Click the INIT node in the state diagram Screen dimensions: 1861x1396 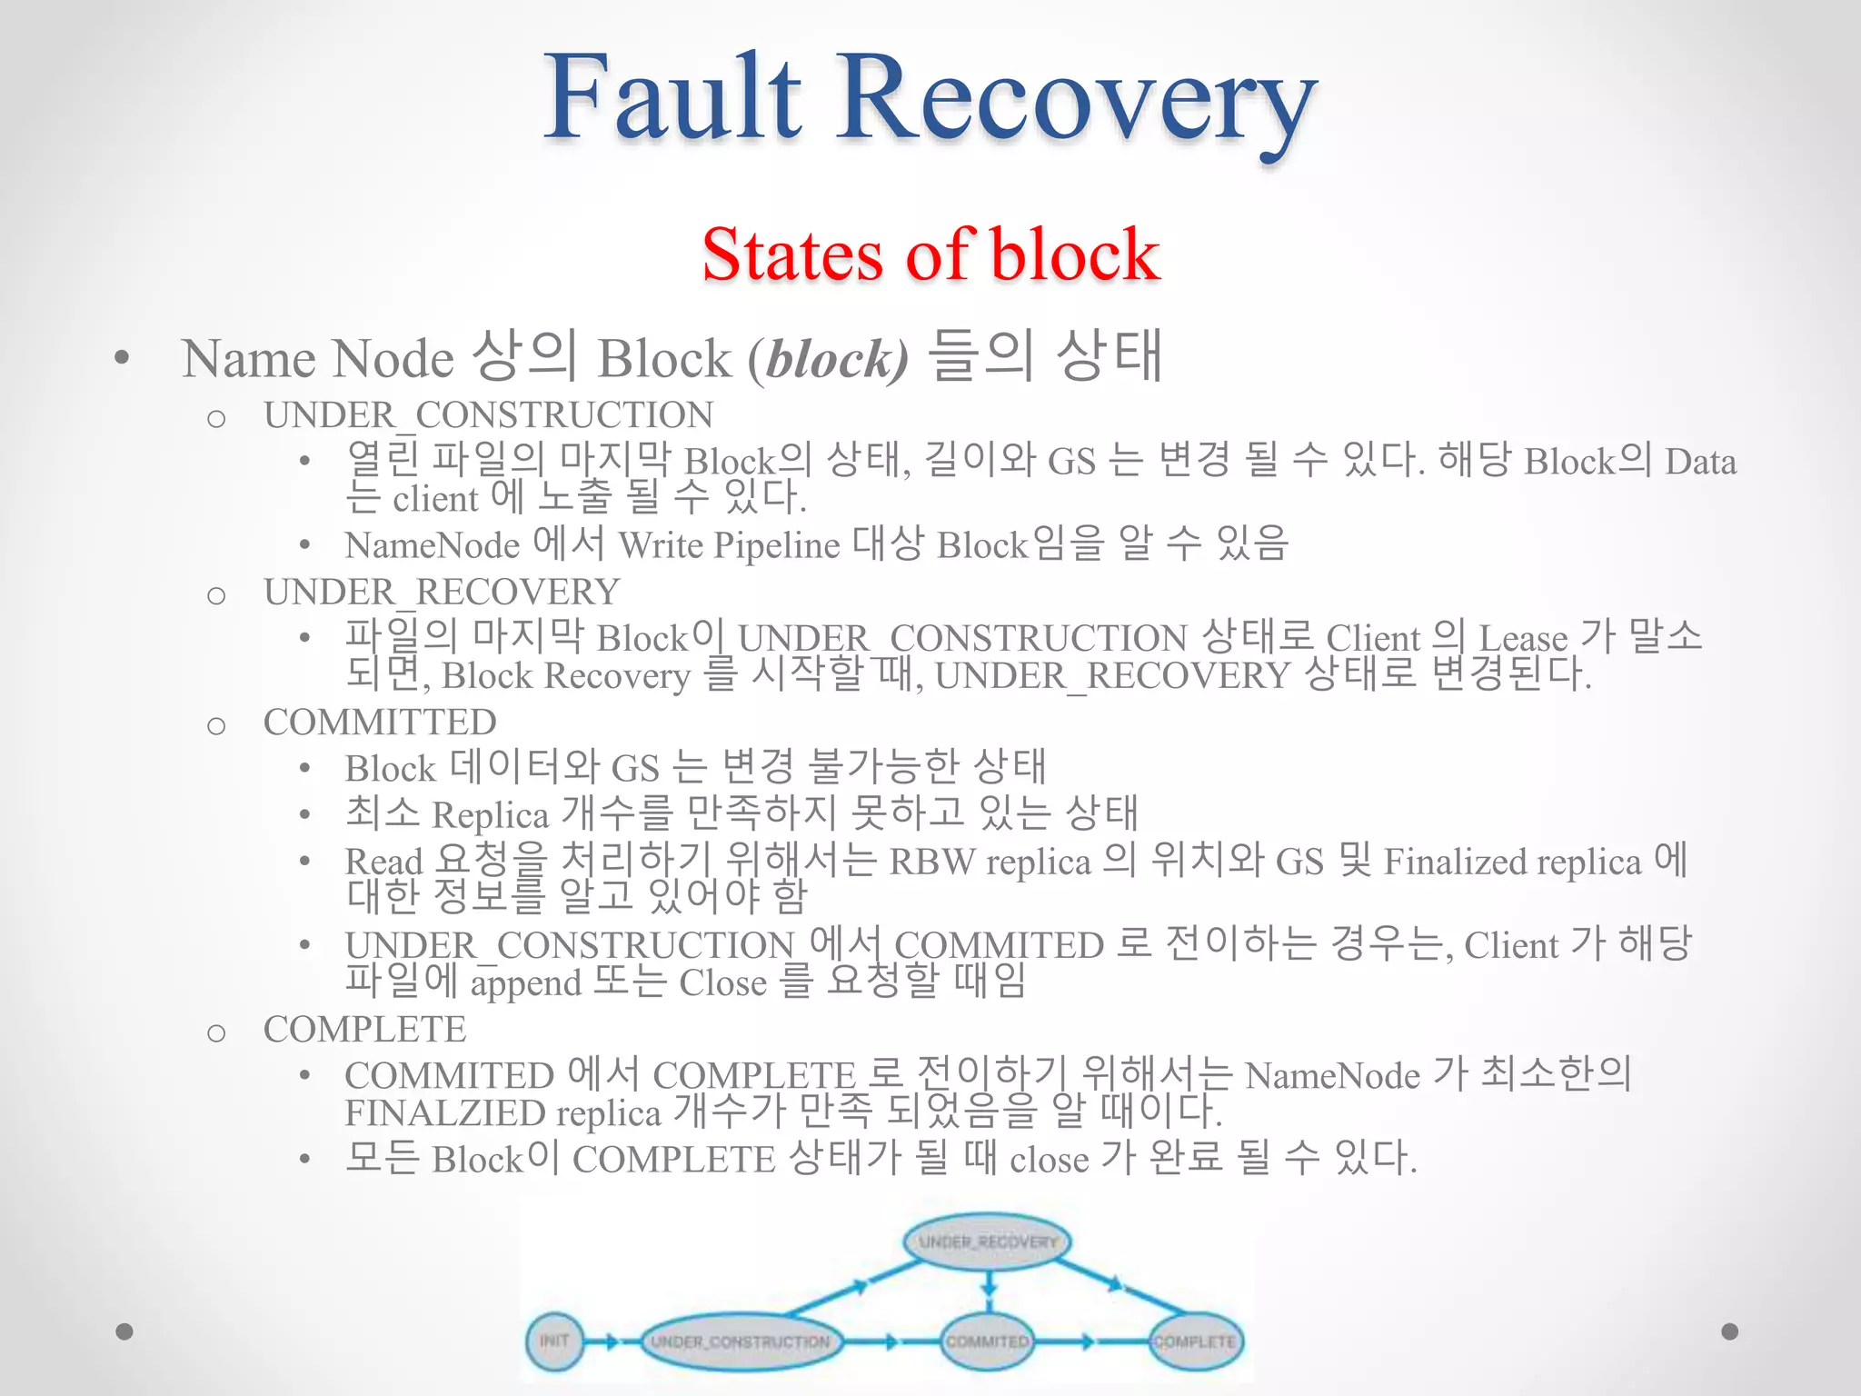click(x=553, y=1341)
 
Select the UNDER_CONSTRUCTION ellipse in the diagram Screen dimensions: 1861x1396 click(x=740, y=1341)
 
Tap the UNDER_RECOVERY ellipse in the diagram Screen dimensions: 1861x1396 click(x=988, y=1241)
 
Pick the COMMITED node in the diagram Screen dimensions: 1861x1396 click(x=988, y=1341)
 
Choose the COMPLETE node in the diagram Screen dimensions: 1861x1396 click(x=1195, y=1341)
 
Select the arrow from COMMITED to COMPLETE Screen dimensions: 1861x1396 click(x=1091, y=1341)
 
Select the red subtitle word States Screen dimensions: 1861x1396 click(x=791, y=254)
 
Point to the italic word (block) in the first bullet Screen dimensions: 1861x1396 click(x=828, y=359)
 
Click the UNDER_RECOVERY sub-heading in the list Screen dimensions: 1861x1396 click(x=442, y=593)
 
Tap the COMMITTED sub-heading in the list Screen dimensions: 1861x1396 click(x=380, y=723)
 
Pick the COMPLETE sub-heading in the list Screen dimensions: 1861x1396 click(x=364, y=1030)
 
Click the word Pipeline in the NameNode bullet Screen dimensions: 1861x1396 click(x=776, y=546)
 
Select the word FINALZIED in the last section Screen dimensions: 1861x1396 click(x=444, y=1113)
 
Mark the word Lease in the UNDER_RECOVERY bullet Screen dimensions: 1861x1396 click(x=1523, y=638)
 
